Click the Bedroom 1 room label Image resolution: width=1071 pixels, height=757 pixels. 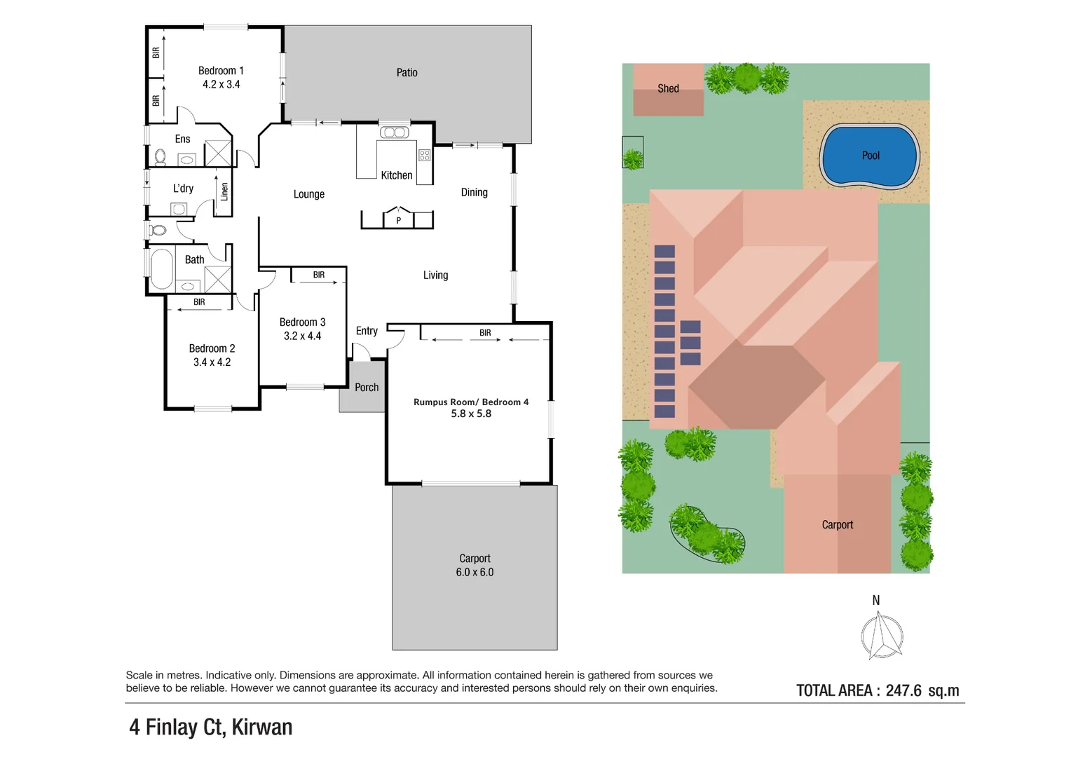click(221, 71)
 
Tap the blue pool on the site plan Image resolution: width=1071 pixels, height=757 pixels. click(870, 156)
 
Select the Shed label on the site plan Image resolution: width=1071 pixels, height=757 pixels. click(668, 88)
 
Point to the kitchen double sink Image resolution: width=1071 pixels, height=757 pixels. click(395, 132)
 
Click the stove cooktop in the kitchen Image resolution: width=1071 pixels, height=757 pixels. click(425, 155)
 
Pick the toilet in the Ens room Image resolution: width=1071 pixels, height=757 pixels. click(161, 156)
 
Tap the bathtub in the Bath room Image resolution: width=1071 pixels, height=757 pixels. click(162, 268)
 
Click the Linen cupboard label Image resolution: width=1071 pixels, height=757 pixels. click(224, 192)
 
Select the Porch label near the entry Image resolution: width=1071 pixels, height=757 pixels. click(367, 388)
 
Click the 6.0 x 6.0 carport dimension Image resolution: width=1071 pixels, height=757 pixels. click(475, 572)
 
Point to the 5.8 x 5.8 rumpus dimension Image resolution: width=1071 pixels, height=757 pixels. click(471, 414)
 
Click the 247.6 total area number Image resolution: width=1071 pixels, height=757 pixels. click(903, 690)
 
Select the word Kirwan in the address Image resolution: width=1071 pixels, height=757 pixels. click(262, 727)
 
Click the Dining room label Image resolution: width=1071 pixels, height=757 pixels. click(475, 193)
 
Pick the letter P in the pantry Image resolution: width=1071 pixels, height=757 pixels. click(398, 221)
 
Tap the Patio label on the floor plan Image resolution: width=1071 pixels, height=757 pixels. click(407, 73)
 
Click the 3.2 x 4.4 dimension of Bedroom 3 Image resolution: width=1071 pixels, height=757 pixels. click(302, 336)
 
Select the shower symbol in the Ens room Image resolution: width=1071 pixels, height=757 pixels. click(218, 153)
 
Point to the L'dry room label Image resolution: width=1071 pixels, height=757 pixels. click(183, 189)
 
